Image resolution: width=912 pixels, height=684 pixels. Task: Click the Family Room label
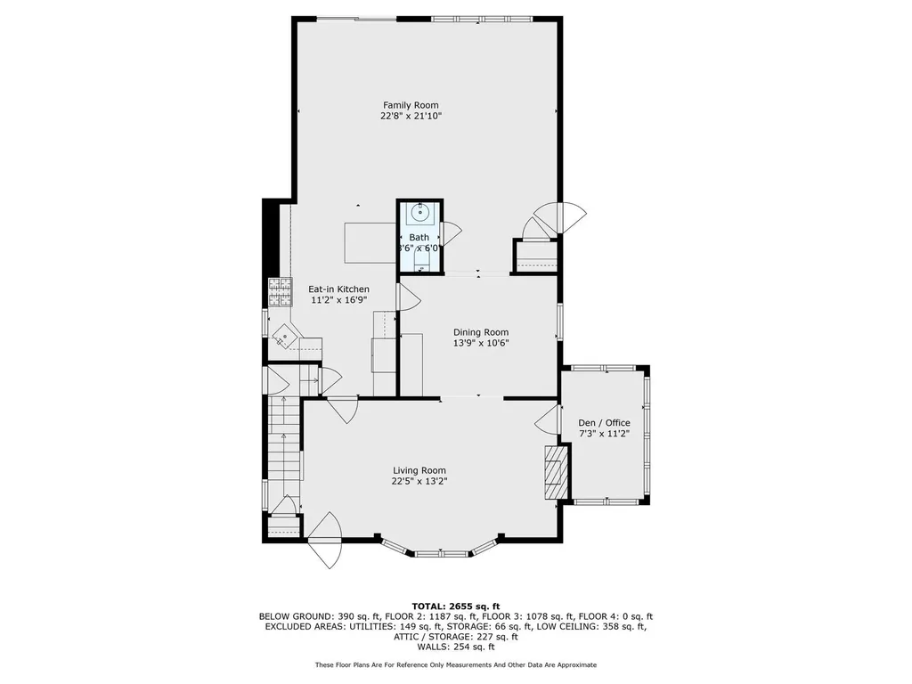(x=411, y=105)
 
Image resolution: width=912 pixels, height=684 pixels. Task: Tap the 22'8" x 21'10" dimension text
(x=411, y=116)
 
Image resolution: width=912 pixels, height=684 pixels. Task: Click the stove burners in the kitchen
(x=281, y=291)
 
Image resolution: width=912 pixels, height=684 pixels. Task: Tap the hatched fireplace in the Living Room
(x=556, y=472)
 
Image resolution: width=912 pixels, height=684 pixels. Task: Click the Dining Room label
(x=480, y=332)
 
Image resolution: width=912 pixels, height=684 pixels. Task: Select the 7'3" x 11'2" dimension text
(x=604, y=434)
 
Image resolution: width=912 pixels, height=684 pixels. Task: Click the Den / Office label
(x=604, y=423)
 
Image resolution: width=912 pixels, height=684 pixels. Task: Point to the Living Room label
(x=419, y=470)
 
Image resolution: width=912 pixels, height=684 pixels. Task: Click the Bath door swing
(x=452, y=233)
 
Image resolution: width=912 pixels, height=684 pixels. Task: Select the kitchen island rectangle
(x=368, y=242)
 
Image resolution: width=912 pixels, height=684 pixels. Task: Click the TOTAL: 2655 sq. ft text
(x=455, y=606)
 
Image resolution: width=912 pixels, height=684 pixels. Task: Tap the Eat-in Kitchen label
(x=338, y=289)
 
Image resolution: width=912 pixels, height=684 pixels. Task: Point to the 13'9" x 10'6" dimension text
(x=480, y=343)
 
